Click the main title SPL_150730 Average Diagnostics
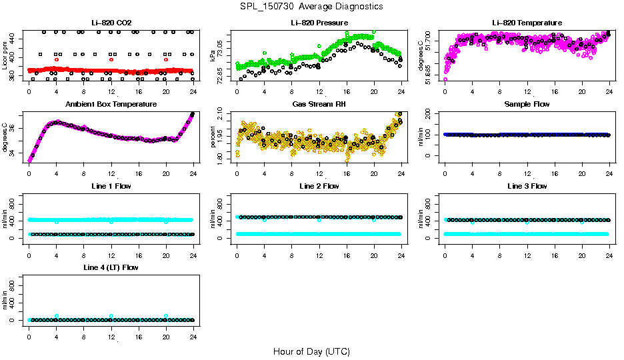[x=312, y=6]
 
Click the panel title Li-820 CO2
[x=111, y=23]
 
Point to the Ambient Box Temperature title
[x=111, y=105]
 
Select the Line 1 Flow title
[x=111, y=186]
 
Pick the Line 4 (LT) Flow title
[x=111, y=267]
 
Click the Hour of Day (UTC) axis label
[x=311, y=351]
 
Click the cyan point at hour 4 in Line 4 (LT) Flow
[x=57, y=316]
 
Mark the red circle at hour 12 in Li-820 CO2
[x=111, y=59]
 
